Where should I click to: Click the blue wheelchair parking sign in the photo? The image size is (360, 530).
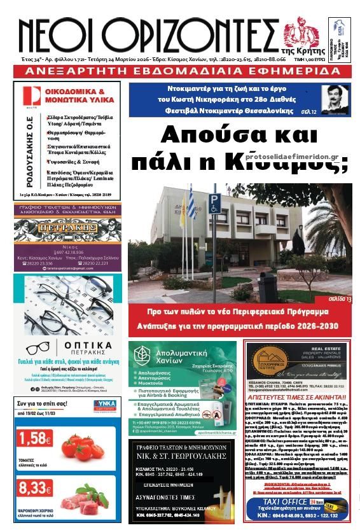[x=215, y=202]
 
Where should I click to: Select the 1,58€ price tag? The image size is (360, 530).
[x=36, y=438]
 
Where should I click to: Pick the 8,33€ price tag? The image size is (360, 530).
[x=36, y=488]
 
